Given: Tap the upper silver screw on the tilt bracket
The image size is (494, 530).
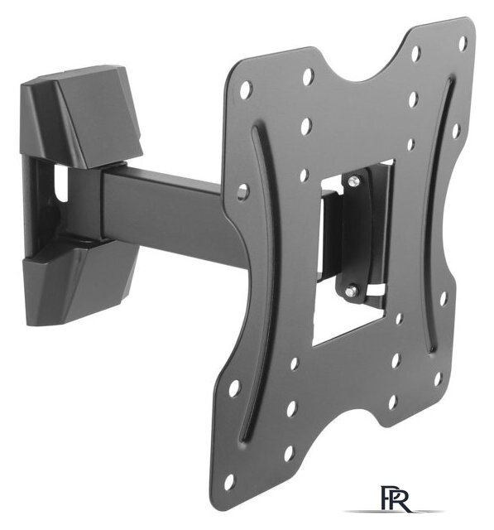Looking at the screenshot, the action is point(353,181).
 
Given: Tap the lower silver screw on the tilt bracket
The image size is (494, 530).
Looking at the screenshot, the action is point(353,290).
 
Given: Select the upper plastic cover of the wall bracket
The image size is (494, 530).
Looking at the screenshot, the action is point(81,117).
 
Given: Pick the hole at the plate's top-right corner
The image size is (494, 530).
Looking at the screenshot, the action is point(463,43).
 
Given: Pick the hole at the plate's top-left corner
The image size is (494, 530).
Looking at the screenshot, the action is point(246,89).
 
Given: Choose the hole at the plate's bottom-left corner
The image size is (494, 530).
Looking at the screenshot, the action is point(229,481).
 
